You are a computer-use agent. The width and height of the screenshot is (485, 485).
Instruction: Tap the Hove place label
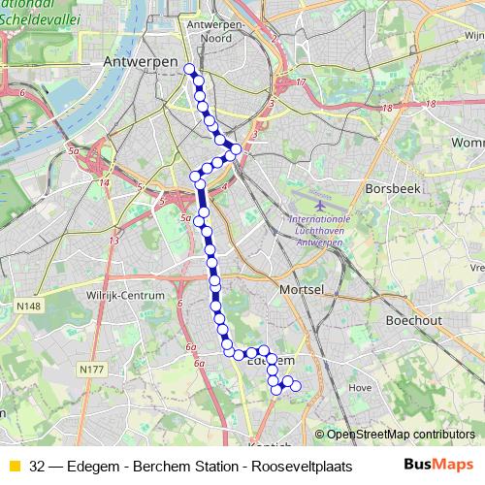[x=359, y=387]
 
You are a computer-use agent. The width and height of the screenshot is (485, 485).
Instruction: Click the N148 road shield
[x=28, y=306]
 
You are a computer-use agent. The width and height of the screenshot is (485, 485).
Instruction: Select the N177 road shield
[x=91, y=369]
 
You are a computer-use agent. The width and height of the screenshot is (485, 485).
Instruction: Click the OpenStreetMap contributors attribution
[x=401, y=435]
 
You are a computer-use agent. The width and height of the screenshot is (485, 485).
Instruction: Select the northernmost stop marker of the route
[x=189, y=69]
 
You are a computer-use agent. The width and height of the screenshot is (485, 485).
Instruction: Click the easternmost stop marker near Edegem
[x=296, y=387]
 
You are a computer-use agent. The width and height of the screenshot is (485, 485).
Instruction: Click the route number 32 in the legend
[x=38, y=466]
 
